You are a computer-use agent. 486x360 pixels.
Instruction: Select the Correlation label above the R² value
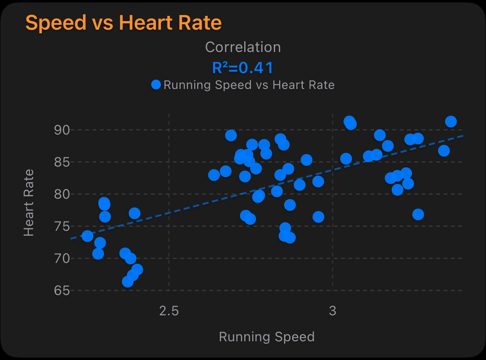pos(243,47)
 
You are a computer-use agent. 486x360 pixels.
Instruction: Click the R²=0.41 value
pos(243,68)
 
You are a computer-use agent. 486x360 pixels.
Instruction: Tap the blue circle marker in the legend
pos(156,85)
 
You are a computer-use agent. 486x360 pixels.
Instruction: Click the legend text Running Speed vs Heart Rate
pos(249,85)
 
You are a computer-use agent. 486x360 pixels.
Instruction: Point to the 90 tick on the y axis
pos(62,130)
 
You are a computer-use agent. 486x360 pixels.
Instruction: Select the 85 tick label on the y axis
pos(62,162)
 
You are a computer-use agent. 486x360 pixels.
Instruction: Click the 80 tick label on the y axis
pos(62,194)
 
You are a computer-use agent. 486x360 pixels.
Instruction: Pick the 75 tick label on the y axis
pos(62,226)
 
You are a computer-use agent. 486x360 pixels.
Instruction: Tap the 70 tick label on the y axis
pos(62,258)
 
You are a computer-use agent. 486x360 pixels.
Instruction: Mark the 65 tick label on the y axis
pos(62,291)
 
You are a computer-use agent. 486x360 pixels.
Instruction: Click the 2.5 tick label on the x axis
pos(169,311)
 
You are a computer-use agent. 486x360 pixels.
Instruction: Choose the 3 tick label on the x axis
pos(333,311)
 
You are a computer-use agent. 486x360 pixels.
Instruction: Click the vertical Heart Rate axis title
pos(28,202)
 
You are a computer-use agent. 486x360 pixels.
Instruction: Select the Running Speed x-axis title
pos(267,337)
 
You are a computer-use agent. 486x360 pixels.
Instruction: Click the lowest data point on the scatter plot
pos(128,282)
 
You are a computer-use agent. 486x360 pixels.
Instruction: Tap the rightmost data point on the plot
pos(451,121)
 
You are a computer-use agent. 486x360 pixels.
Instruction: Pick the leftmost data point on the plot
pos(87,236)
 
